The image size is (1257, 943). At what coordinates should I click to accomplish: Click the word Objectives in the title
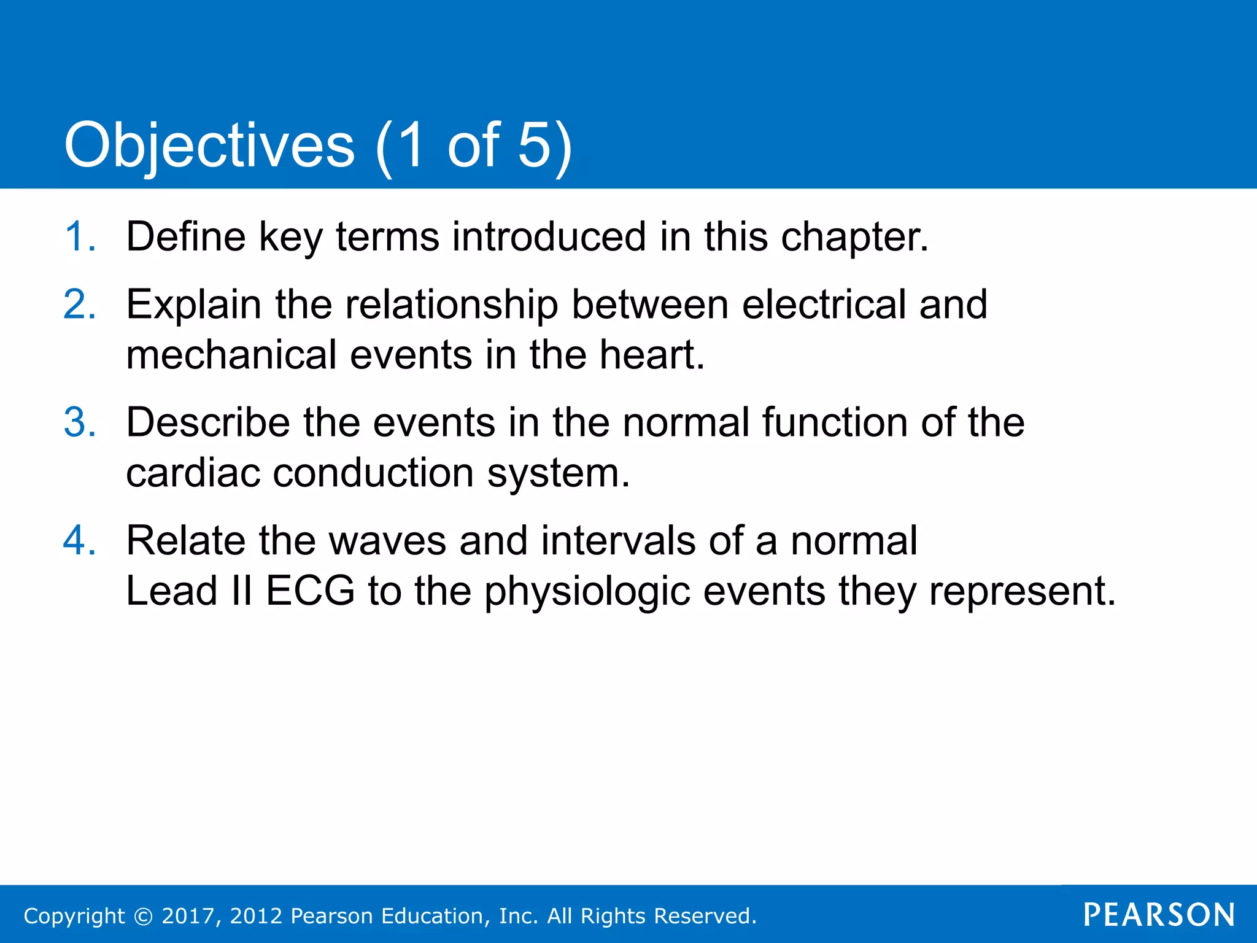pos(209,146)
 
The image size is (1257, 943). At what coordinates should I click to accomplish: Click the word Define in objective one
pos(185,236)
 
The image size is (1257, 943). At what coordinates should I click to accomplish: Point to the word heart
pos(651,355)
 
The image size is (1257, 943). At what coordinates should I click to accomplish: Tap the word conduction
pos(373,473)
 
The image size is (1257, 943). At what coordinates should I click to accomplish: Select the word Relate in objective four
pos(185,541)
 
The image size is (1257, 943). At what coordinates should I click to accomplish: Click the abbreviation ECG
pos(310,591)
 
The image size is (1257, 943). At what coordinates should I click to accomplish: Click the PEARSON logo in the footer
pos(1159,915)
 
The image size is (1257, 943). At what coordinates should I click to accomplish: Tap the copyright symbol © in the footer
pos(143,916)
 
